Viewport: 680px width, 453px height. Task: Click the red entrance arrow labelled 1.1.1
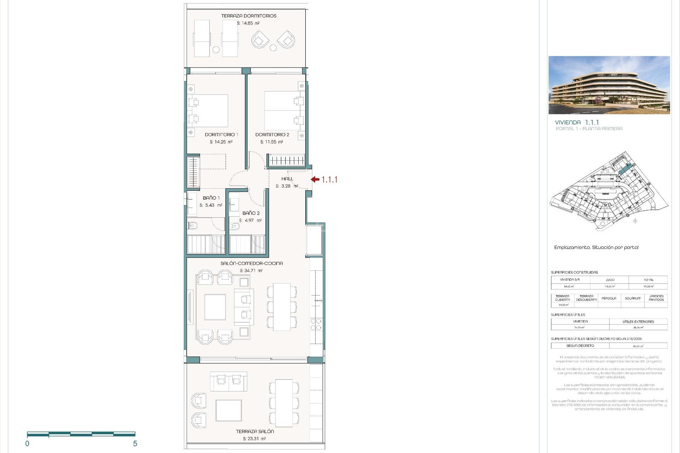coord(316,179)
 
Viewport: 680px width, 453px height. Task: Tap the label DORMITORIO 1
coord(221,134)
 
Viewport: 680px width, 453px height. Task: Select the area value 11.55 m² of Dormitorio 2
coord(272,142)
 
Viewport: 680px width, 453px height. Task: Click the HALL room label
coord(287,179)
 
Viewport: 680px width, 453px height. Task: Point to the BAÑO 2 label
coord(251,213)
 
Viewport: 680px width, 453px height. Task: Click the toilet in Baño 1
coord(193,225)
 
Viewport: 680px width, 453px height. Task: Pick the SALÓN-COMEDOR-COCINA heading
coord(251,263)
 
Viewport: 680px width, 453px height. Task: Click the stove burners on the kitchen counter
coord(316,325)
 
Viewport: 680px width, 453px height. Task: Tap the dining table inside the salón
coord(282,307)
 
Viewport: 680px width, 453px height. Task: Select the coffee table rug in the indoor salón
coord(215,307)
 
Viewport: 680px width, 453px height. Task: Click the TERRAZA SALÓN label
coord(255,431)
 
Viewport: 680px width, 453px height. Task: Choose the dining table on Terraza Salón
coord(284,403)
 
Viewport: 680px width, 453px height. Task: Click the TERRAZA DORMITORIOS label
coord(249,16)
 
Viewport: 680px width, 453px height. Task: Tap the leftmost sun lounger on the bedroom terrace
coord(202,38)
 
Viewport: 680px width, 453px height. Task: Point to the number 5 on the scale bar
coord(135,443)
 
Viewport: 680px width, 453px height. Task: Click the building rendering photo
coord(609,85)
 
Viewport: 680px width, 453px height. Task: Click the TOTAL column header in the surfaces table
coord(648,280)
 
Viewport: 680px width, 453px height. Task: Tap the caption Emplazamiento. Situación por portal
coord(596,247)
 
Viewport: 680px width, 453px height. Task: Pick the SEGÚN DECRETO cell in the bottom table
coord(580,346)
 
